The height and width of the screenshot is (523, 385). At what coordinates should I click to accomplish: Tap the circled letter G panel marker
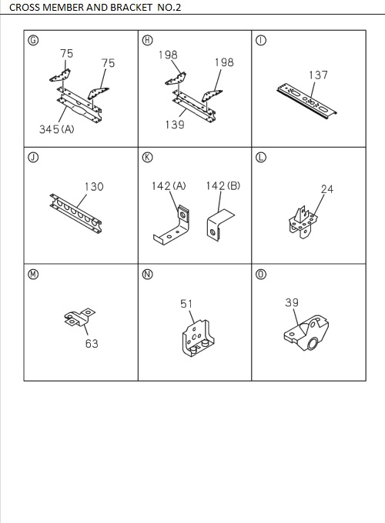coord(32,41)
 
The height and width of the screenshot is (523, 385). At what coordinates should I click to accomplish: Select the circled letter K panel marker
coord(147,158)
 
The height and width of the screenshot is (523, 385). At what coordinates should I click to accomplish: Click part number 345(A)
coord(56,129)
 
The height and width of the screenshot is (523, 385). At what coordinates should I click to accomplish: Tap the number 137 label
coord(318,75)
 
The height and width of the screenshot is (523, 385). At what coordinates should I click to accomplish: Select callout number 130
coord(94,187)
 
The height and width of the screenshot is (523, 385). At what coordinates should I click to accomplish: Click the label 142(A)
coord(169,186)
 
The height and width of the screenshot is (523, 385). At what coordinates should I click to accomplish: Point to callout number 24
coord(326,188)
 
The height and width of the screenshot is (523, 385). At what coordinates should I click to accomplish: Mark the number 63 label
coord(92,344)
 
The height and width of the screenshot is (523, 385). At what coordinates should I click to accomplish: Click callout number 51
coord(186,305)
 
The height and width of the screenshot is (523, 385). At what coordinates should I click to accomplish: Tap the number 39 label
coord(291,303)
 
